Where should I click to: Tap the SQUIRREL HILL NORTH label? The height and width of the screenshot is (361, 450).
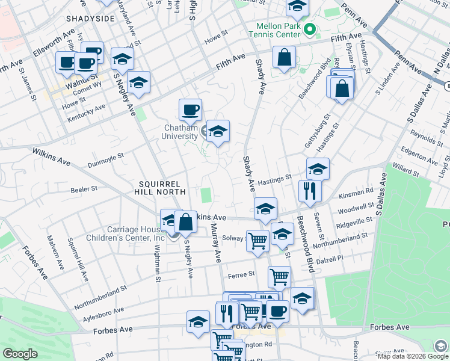pyautogui.click(x=162, y=187)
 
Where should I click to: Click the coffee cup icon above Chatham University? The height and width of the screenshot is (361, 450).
pyautogui.click(x=190, y=110)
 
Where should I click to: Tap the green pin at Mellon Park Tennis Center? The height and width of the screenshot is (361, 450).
pyautogui.click(x=310, y=29)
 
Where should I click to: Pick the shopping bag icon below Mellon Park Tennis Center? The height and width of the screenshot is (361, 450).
pyautogui.click(x=283, y=58)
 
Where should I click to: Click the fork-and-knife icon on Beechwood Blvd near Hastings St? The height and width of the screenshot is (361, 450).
pyautogui.click(x=310, y=191)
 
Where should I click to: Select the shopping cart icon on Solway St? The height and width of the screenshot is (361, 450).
pyautogui.click(x=257, y=240)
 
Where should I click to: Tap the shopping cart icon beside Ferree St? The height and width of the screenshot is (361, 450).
pyautogui.click(x=279, y=277)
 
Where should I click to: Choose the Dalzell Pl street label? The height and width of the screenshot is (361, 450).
pyautogui.click(x=331, y=258)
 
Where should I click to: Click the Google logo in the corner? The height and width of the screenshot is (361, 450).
pyautogui.click(x=20, y=354)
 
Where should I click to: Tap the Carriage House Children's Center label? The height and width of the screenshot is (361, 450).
pyautogui.click(x=136, y=233)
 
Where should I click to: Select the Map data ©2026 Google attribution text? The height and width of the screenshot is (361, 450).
pyautogui.click(x=404, y=356)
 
